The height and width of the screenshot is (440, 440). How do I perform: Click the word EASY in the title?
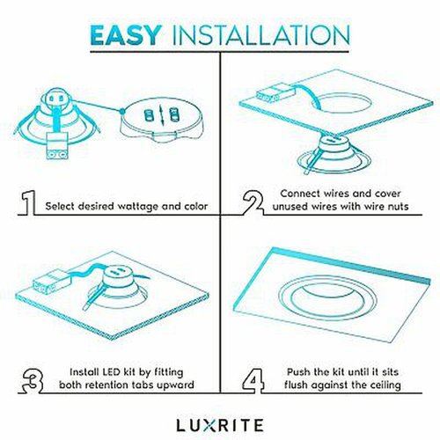(126, 35)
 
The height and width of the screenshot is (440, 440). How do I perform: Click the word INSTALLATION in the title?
(260, 35)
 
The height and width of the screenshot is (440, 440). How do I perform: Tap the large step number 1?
(28, 202)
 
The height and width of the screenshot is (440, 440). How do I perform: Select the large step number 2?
(253, 202)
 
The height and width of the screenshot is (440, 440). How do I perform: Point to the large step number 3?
(33, 380)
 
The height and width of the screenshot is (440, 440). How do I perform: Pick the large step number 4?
(253, 380)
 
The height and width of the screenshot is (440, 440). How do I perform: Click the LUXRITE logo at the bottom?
(220, 425)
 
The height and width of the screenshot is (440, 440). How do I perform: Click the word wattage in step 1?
(138, 207)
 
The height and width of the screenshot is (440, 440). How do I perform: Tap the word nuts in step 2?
(397, 207)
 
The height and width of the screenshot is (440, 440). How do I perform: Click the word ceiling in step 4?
(385, 385)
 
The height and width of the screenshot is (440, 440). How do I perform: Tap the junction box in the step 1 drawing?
(57, 146)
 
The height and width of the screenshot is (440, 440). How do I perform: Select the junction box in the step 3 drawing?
(51, 282)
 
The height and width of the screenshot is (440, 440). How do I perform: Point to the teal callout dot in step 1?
(122, 112)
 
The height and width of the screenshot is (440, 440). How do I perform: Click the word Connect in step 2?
(300, 194)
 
